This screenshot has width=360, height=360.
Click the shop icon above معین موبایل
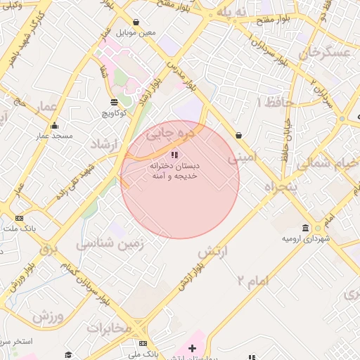[x=136, y=22]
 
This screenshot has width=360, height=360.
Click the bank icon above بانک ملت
[x=19, y=218]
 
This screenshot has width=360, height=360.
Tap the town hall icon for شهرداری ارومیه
[x=305, y=229]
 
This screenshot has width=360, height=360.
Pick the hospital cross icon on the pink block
[x=192, y=349]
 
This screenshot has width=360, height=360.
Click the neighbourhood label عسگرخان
[x=325, y=52]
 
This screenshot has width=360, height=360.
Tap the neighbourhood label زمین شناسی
[x=110, y=244]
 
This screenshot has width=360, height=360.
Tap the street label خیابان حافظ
[x=287, y=137]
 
